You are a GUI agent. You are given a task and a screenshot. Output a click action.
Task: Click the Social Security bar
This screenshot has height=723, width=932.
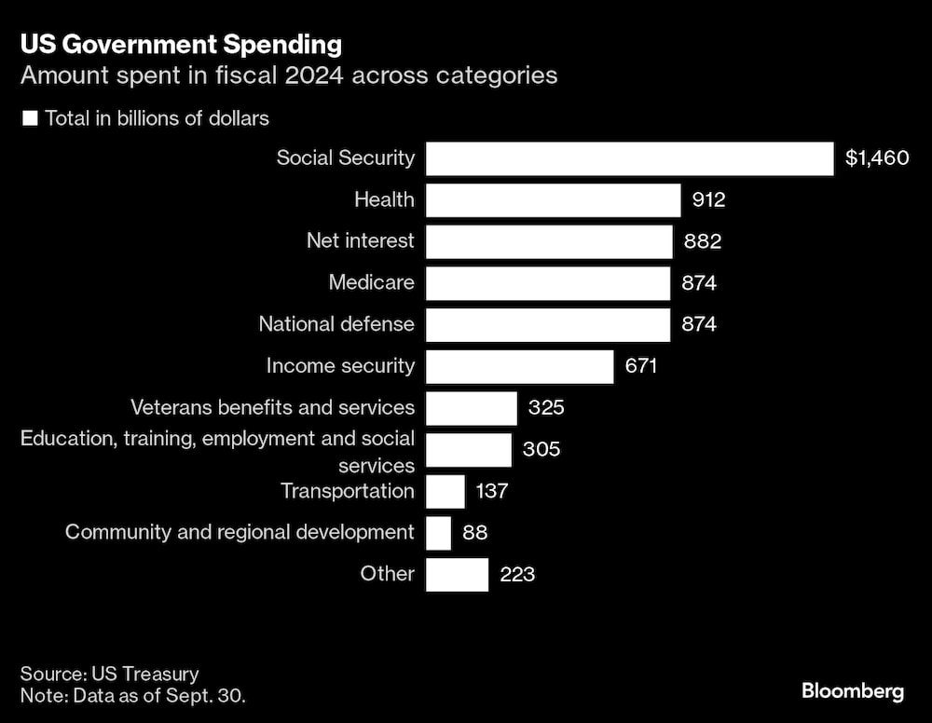coord(629,158)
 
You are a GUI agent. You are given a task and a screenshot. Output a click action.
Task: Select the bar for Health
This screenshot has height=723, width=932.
coord(553,200)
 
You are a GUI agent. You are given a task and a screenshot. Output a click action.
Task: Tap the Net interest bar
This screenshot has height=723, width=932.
coord(549,241)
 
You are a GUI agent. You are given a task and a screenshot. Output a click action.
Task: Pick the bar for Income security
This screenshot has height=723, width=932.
coord(519,366)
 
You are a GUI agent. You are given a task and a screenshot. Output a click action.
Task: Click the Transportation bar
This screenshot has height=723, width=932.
coord(445,491)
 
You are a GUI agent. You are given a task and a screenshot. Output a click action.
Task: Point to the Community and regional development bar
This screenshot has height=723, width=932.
coord(438,533)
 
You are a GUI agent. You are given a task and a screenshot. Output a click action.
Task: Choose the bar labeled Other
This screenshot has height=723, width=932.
coord(457,574)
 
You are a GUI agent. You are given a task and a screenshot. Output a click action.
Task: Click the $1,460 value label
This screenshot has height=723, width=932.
coord(876,158)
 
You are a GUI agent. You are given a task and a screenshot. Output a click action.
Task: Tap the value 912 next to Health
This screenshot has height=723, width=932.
coord(708,200)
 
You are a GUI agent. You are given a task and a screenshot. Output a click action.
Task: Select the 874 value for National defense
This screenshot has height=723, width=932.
coord(699,325)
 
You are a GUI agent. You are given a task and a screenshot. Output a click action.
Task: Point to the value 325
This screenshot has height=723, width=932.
coord(546,408)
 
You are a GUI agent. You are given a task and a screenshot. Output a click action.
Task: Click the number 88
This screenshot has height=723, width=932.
coord(474,533)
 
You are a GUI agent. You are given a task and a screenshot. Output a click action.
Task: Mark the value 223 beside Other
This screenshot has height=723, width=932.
coord(517,574)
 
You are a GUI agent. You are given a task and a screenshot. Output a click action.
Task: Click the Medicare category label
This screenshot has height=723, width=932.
coord(371,282)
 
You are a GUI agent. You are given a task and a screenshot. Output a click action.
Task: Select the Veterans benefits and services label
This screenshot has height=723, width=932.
coord(272,407)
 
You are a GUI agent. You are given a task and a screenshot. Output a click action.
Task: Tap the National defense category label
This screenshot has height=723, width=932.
coord(336,324)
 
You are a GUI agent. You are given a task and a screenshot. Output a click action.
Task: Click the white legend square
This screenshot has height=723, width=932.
coord(30,118)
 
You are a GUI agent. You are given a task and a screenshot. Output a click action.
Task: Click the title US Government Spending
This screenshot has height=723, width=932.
coord(181,44)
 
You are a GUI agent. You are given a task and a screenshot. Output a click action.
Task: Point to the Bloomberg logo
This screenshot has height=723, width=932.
coord(852,691)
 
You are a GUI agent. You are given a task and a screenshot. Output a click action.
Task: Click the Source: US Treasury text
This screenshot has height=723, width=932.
coord(110,674)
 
